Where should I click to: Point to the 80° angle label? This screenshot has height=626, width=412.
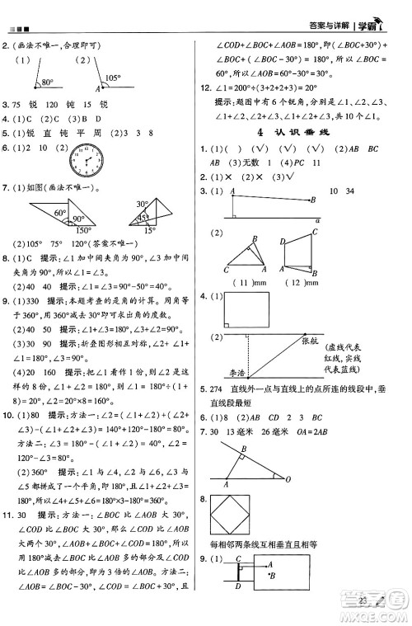coord(47,82)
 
